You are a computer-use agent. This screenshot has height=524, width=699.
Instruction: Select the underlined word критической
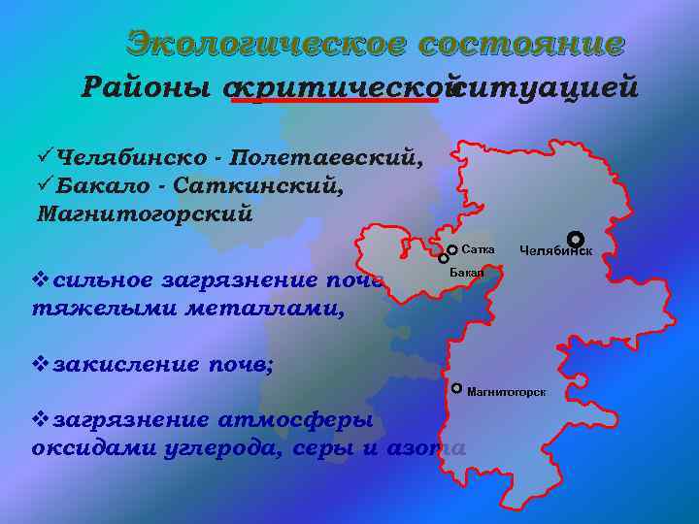(340, 88)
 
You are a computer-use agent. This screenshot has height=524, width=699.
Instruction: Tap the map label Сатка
(478, 250)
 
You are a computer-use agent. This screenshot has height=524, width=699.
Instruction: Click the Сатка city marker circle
(452, 250)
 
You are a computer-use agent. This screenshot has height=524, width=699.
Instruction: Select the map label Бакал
(467, 275)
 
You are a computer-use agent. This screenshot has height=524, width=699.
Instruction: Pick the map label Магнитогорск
(506, 392)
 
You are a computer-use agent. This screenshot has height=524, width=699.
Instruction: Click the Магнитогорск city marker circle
(457, 388)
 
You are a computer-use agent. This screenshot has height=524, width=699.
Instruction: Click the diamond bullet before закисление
(41, 365)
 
